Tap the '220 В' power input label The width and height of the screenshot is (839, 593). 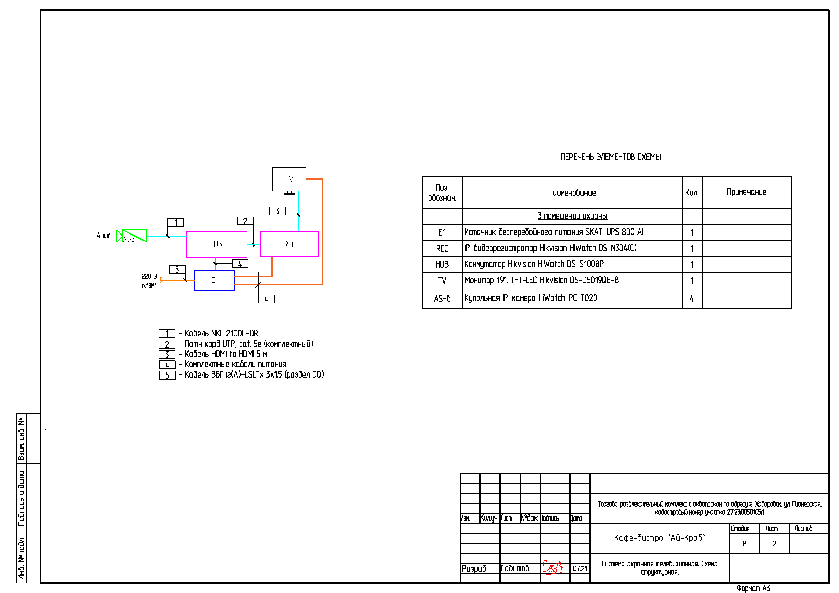click(x=149, y=276)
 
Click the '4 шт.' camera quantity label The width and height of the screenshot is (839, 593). click(x=104, y=235)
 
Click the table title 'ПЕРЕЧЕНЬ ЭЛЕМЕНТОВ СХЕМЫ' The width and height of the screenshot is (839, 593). click(x=611, y=157)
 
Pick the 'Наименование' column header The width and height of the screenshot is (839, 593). click(x=572, y=192)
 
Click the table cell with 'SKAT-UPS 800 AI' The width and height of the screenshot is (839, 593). click(x=572, y=232)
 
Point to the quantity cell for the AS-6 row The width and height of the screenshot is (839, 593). click(x=692, y=298)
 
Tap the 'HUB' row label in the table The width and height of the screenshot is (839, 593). click(x=442, y=264)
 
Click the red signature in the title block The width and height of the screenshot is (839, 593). click(x=553, y=567)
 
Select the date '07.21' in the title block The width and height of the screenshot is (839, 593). click(x=580, y=568)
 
